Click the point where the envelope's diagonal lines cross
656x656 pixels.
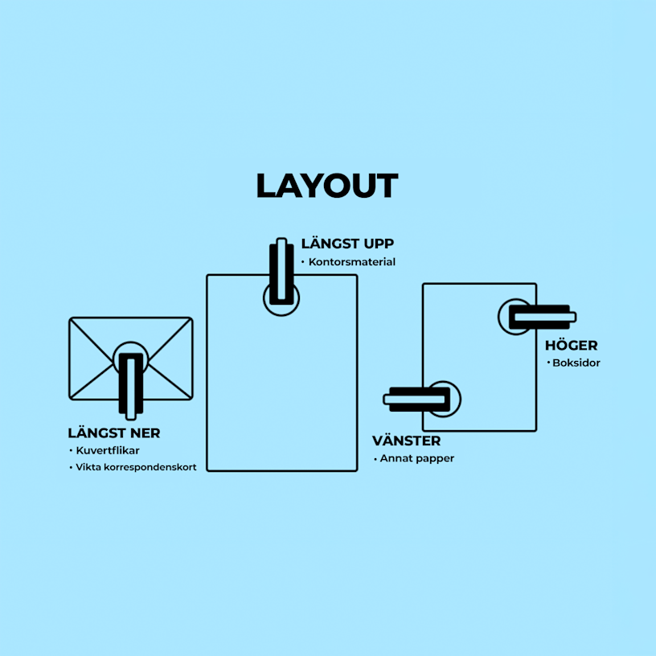(x=131, y=359)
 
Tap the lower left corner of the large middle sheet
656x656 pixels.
(x=207, y=470)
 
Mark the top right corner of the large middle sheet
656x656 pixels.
(x=356, y=276)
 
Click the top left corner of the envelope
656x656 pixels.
(x=70, y=319)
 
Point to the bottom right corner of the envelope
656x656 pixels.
(x=191, y=398)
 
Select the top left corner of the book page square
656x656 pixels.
(x=424, y=285)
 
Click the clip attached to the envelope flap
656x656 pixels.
(x=131, y=386)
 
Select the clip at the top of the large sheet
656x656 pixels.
(x=281, y=271)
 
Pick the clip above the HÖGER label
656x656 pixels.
(x=542, y=317)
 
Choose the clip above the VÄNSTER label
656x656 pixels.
(x=416, y=399)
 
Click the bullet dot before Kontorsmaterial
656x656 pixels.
(x=303, y=262)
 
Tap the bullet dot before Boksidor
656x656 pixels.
(x=548, y=363)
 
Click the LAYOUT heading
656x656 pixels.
(x=327, y=186)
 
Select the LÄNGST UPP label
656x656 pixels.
(x=347, y=243)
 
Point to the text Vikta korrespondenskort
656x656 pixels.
(x=136, y=467)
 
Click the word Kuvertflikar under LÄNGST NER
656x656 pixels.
(x=108, y=450)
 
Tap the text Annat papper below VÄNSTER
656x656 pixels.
(x=417, y=458)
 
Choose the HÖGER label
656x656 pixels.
(x=572, y=345)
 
